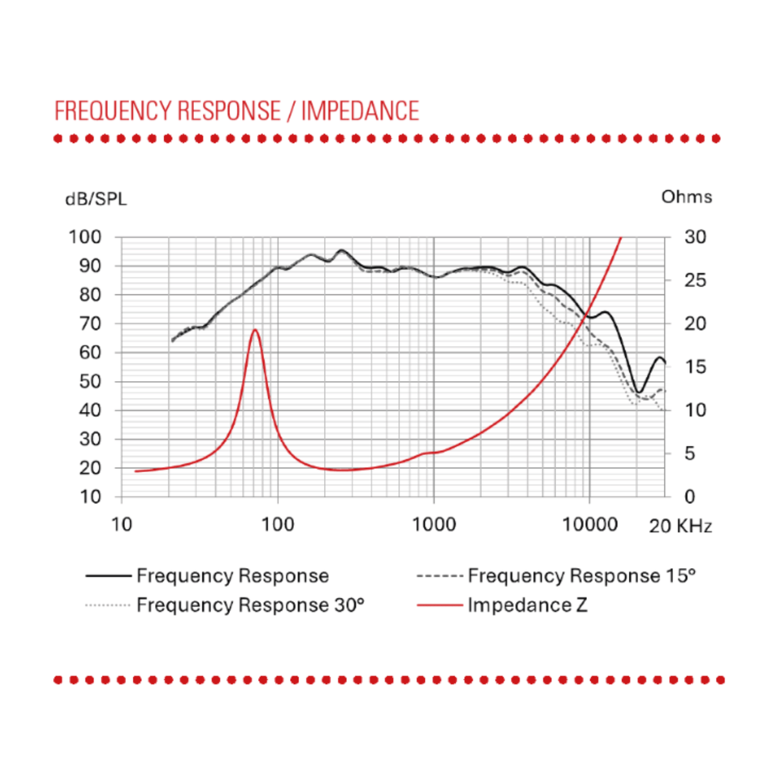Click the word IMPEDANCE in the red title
click(x=360, y=110)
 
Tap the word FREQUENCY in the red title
click(x=114, y=111)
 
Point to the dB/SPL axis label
click(x=96, y=200)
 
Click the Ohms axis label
click(x=686, y=197)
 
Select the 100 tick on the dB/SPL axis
click(x=85, y=237)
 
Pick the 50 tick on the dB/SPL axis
click(x=90, y=382)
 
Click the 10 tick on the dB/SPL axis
click(x=90, y=497)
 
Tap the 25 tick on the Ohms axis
click(x=695, y=280)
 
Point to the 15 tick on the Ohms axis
click(x=695, y=367)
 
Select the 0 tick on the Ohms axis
click(x=690, y=497)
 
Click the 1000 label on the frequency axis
click(x=434, y=525)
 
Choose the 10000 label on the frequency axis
click(x=590, y=525)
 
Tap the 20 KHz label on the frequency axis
click(x=680, y=526)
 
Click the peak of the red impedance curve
click(x=255, y=329)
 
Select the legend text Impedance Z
click(x=527, y=605)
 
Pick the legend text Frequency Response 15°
click(x=582, y=575)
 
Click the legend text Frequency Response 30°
click(x=250, y=605)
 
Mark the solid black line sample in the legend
click(x=108, y=576)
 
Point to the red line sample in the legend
click(x=440, y=605)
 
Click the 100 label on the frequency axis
click(x=278, y=525)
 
